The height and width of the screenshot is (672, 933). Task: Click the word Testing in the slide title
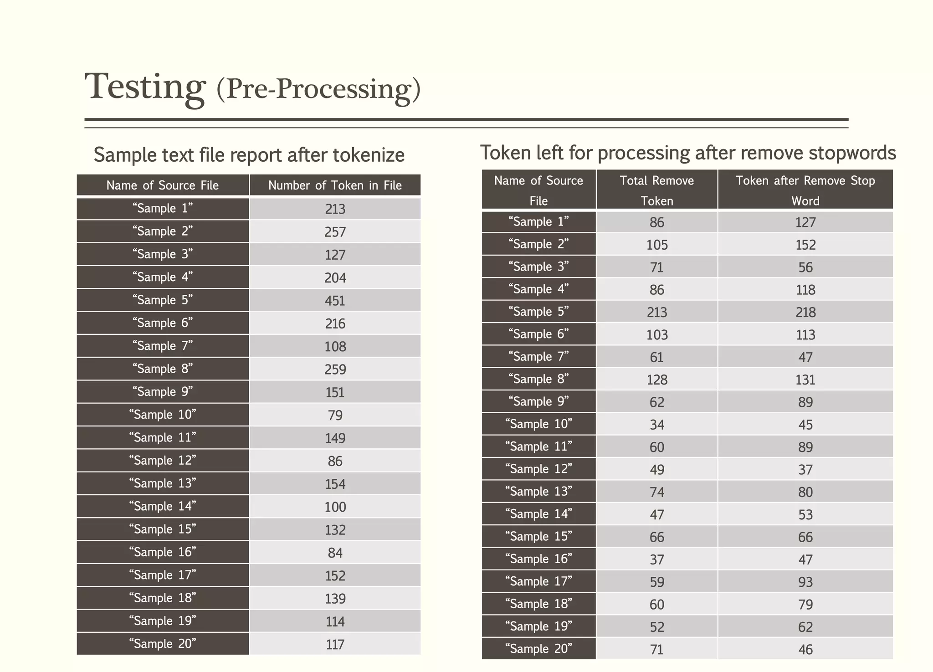(x=145, y=87)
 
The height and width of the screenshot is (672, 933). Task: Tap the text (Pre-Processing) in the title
(x=318, y=88)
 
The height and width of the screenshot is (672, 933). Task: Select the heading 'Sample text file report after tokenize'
(x=249, y=155)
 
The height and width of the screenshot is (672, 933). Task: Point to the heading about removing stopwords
(x=688, y=153)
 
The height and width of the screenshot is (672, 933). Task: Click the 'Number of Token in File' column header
(x=335, y=185)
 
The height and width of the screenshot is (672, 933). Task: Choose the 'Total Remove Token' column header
(x=656, y=190)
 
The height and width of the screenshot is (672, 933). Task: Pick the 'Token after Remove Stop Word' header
(x=805, y=190)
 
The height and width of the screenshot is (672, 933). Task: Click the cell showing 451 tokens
(x=335, y=301)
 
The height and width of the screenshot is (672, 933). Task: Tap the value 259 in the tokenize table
(x=335, y=369)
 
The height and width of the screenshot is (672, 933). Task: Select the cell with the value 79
(x=335, y=416)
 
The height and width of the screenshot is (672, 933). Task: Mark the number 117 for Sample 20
(x=335, y=645)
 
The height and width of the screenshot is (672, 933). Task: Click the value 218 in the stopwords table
(x=805, y=313)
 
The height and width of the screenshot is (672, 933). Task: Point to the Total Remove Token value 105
(x=656, y=245)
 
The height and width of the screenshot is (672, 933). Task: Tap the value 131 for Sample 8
(x=805, y=380)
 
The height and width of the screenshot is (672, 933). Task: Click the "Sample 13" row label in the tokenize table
(x=163, y=483)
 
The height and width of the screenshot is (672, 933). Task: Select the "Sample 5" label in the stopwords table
(x=538, y=312)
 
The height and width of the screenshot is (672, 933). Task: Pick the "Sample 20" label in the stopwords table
(x=538, y=649)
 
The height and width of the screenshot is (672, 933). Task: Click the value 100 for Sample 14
(x=335, y=507)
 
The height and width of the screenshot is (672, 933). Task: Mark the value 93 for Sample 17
(x=805, y=582)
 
